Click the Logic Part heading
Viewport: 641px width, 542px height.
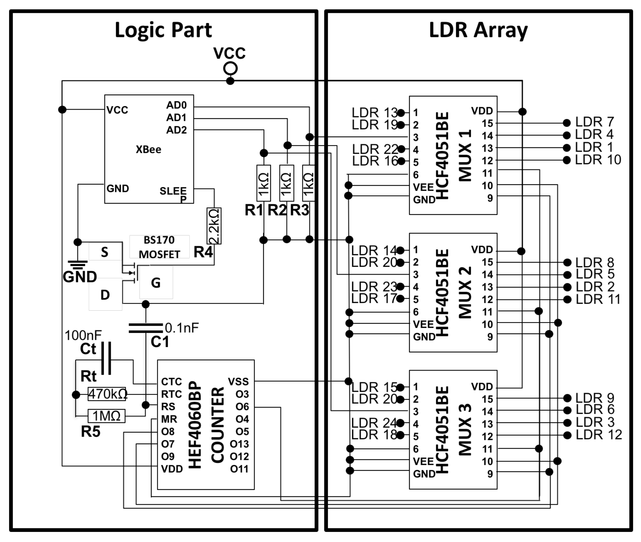pyautogui.click(x=163, y=30)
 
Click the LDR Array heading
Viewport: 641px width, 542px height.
pyautogui.click(x=478, y=30)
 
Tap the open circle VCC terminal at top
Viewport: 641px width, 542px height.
pyautogui.click(x=230, y=69)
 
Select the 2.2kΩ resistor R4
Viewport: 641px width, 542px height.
pyautogui.click(x=214, y=226)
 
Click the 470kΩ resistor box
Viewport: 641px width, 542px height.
pyautogui.click(x=107, y=394)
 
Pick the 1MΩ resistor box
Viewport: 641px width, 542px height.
pyautogui.click(x=106, y=416)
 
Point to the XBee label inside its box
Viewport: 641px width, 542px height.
pyautogui.click(x=148, y=150)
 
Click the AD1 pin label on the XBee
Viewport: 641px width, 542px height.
pyautogui.click(x=176, y=118)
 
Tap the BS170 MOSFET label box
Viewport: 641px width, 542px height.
pyautogui.click(x=159, y=247)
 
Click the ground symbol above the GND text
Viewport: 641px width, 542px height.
pyautogui.click(x=78, y=264)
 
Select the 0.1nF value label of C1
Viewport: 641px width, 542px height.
pyautogui.click(x=182, y=328)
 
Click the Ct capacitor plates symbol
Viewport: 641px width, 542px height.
pyautogui.click(x=106, y=358)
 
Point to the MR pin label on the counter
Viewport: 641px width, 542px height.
pyautogui.click(x=169, y=419)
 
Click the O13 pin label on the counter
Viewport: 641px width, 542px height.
pyautogui.click(x=239, y=444)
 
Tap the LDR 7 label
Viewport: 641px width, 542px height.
pyautogui.click(x=594, y=122)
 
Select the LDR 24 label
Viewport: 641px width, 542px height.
pyautogui.click(x=374, y=423)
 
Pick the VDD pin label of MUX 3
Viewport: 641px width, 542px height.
pyautogui.click(x=482, y=387)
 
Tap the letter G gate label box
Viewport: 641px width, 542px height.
pyautogui.click(x=156, y=283)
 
